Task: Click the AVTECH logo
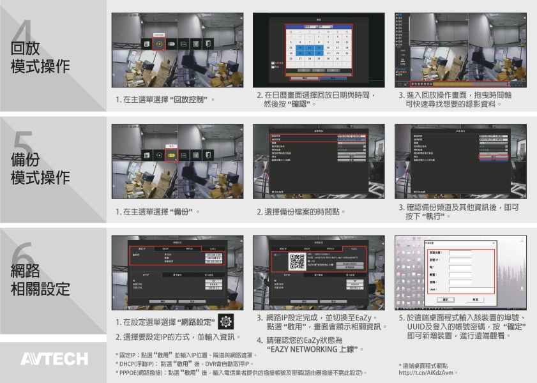coord(54,359)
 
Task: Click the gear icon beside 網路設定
coord(225,321)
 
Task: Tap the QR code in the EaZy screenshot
coord(297,261)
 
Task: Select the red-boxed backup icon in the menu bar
coord(172,154)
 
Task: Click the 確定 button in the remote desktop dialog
coord(444,299)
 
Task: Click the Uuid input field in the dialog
coord(460,289)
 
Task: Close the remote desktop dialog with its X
coord(492,243)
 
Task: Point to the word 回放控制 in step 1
coord(191,100)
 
